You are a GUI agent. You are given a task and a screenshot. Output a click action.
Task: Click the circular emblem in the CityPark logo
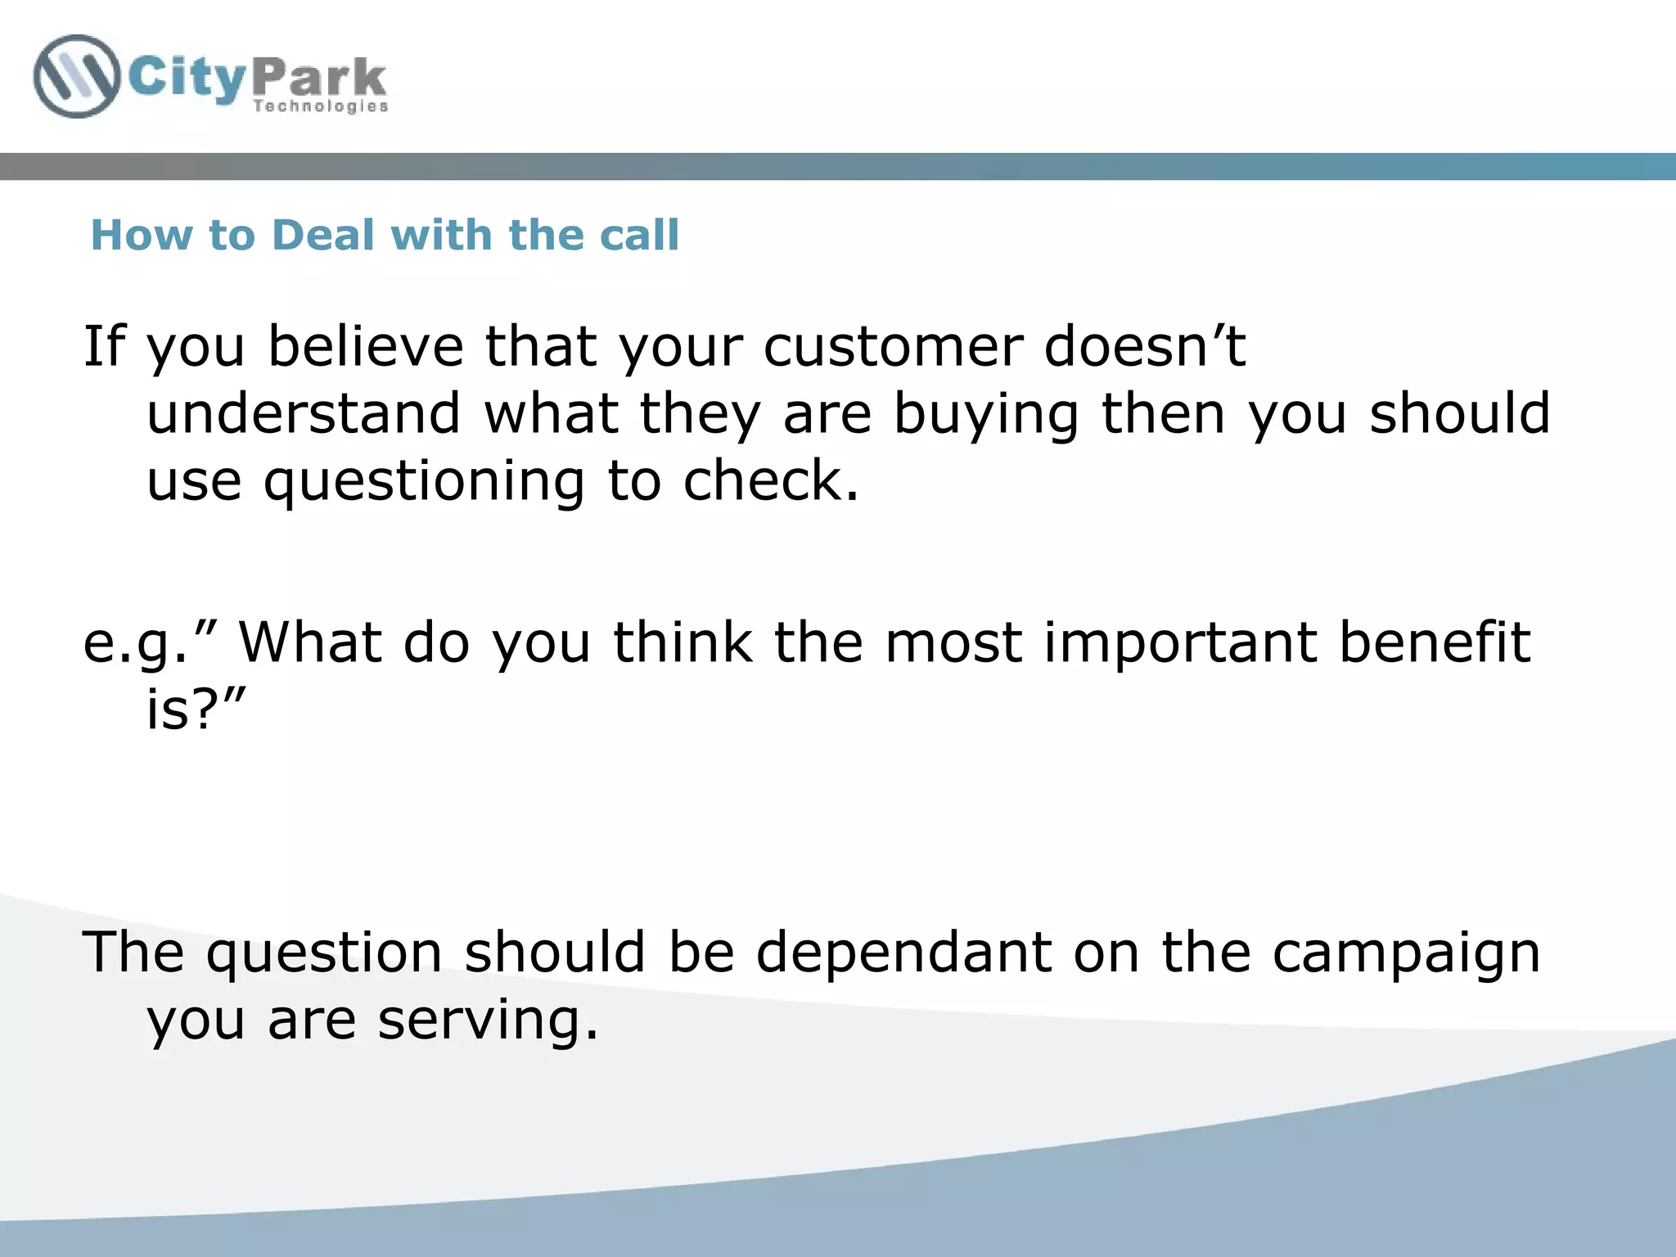coord(76,76)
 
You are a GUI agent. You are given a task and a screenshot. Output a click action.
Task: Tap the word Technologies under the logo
coord(320,106)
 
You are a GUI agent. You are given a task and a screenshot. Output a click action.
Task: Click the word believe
coord(366,346)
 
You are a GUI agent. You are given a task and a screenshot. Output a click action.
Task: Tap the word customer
coord(893,348)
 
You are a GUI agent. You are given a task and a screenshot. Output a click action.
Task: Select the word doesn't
coord(1145,346)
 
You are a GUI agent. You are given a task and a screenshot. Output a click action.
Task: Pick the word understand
coord(304,413)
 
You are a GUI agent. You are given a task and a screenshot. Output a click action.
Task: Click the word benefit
coord(1435,642)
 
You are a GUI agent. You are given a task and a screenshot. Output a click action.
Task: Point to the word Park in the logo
coord(319,79)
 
